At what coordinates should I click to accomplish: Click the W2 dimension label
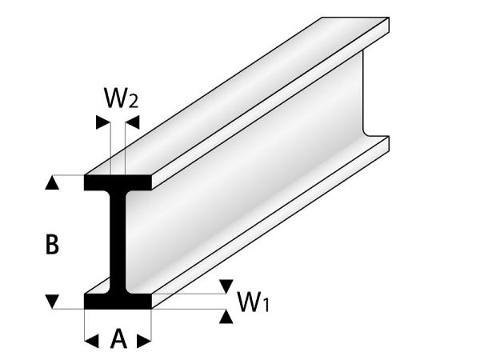coord(122,98)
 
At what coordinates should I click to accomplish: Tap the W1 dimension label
coord(254,302)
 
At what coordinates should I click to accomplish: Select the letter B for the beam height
coord(52,244)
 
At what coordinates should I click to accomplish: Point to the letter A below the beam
coord(118,338)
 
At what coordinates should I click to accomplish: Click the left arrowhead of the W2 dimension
coord(103,122)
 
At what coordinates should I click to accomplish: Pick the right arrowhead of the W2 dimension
coord(132,122)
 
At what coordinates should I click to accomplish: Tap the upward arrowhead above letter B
coord(52,182)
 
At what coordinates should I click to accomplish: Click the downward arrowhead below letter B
coord(52,302)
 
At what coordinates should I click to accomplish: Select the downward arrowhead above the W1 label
coord(226,286)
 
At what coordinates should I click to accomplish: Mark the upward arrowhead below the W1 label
coord(226,316)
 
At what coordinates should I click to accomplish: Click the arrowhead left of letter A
coord(91,341)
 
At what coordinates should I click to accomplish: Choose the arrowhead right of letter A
coord(144,341)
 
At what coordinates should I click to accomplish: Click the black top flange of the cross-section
coord(118,182)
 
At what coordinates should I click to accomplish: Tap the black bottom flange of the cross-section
coord(118,302)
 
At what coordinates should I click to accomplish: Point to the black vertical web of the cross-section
coord(118,242)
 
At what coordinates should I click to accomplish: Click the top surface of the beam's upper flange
coord(236,96)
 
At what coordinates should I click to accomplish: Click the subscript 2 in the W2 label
coord(133,102)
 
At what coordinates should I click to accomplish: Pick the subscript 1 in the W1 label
coord(265,305)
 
